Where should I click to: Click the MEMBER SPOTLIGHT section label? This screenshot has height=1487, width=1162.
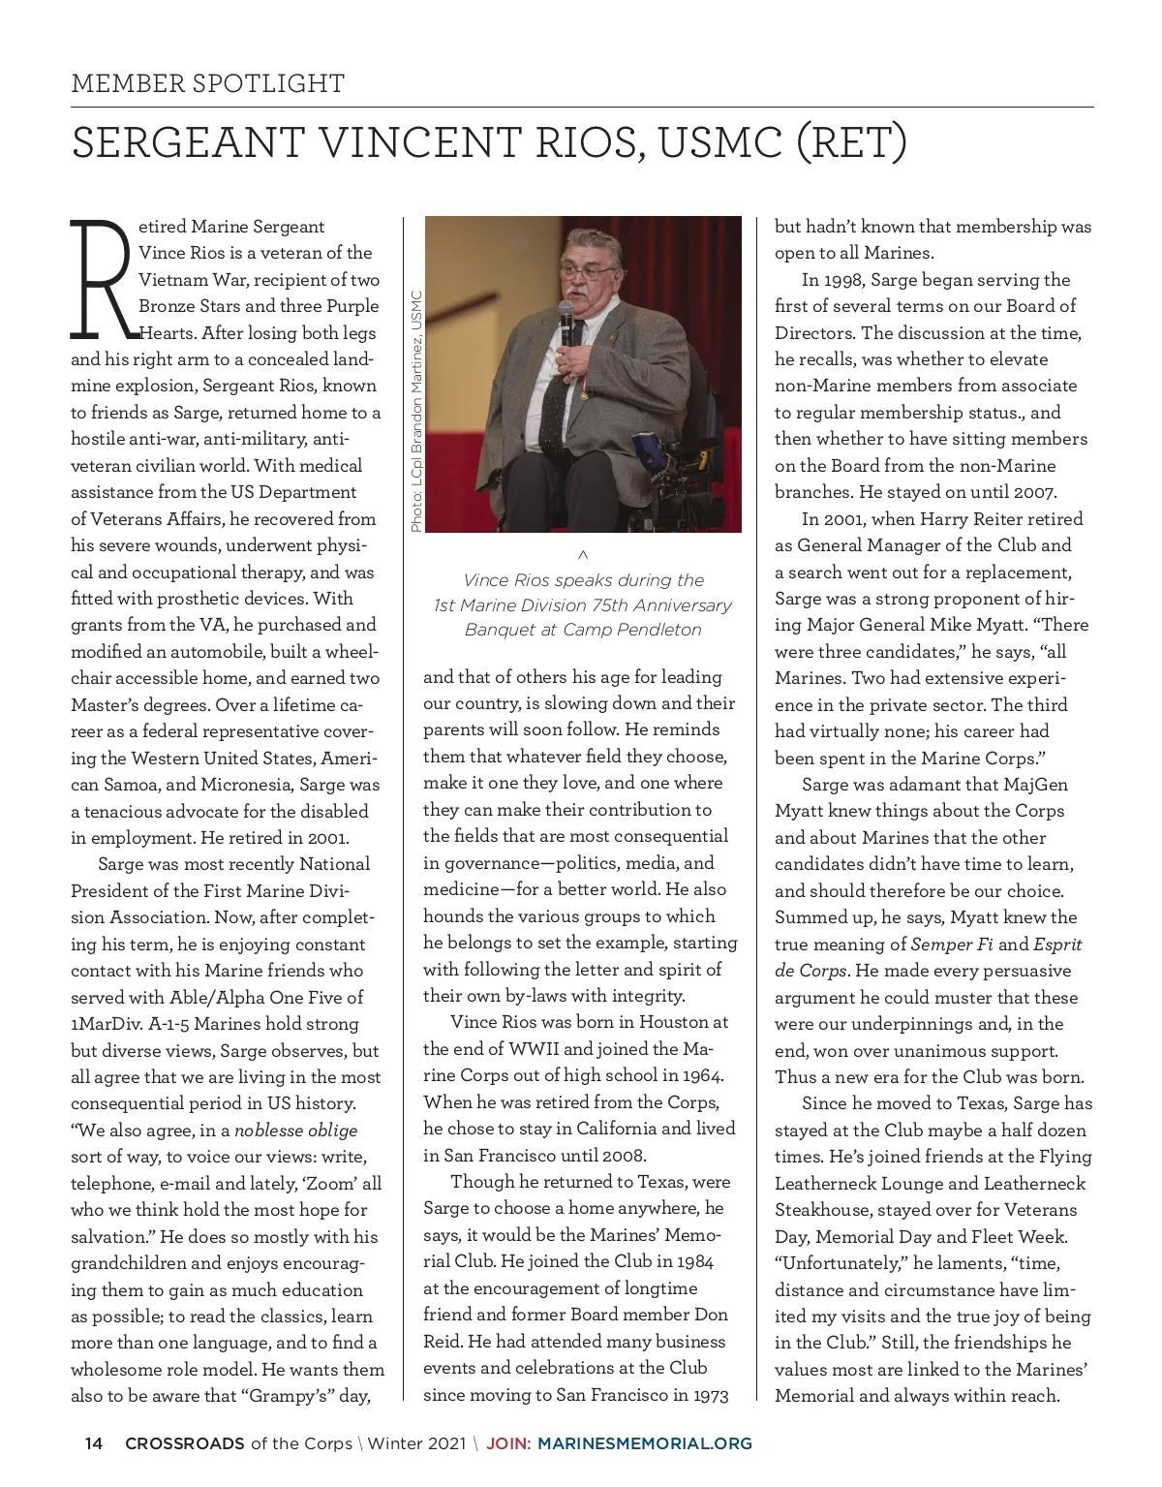[207, 83]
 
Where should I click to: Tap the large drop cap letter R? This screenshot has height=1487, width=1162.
[101, 280]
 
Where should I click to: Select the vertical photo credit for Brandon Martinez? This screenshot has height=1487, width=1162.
[416, 412]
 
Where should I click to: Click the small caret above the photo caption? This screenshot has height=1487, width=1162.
[582, 555]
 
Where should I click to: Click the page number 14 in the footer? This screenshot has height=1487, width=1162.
[94, 1443]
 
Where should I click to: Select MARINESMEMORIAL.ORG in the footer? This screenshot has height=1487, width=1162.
[644, 1443]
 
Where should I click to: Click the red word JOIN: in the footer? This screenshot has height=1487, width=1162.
[508, 1443]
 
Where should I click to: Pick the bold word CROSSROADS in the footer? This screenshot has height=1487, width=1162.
[185, 1443]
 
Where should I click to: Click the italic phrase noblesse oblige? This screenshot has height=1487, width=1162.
[295, 1131]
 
